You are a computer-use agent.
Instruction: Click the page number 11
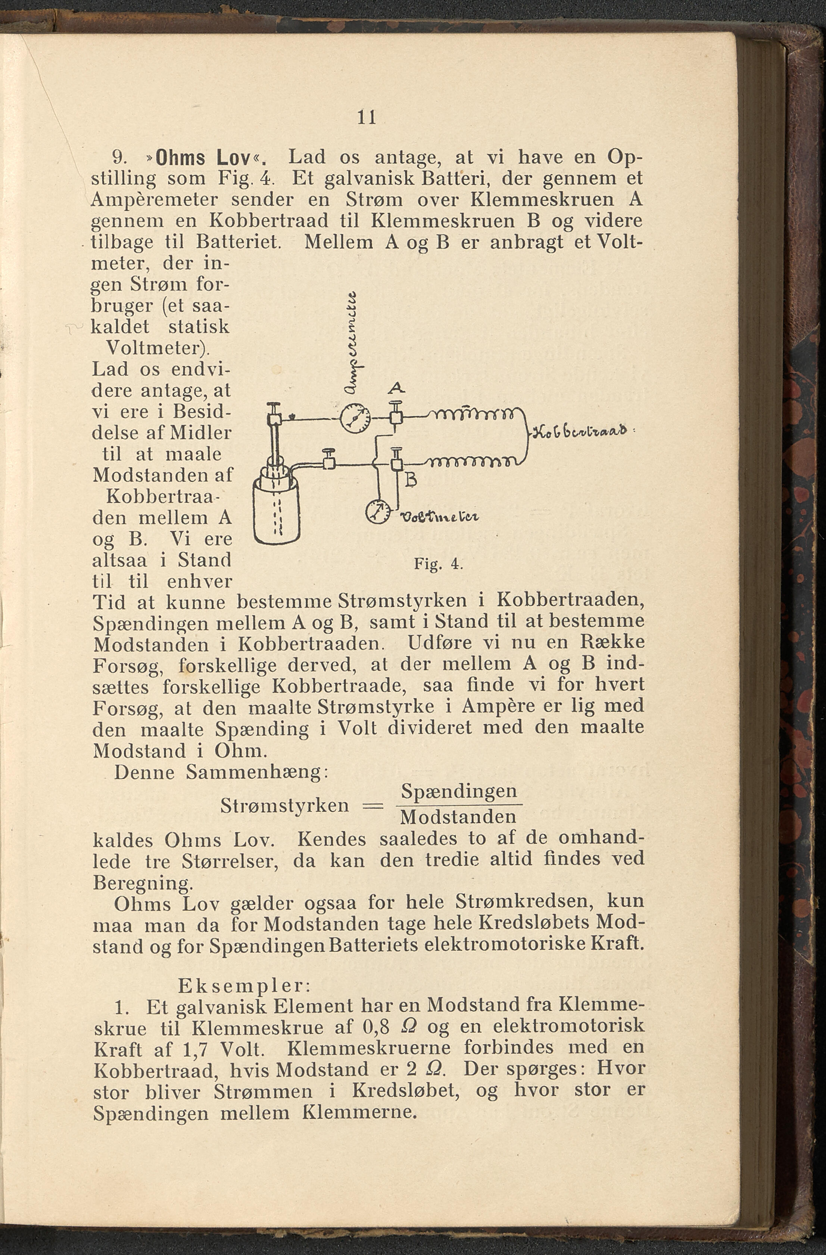click(367, 117)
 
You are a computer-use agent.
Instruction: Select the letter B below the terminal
click(411, 480)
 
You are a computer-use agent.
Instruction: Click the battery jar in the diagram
click(277, 509)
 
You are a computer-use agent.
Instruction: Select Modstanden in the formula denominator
click(458, 818)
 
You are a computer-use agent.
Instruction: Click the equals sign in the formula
click(372, 805)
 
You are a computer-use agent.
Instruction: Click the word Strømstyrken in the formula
click(285, 806)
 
